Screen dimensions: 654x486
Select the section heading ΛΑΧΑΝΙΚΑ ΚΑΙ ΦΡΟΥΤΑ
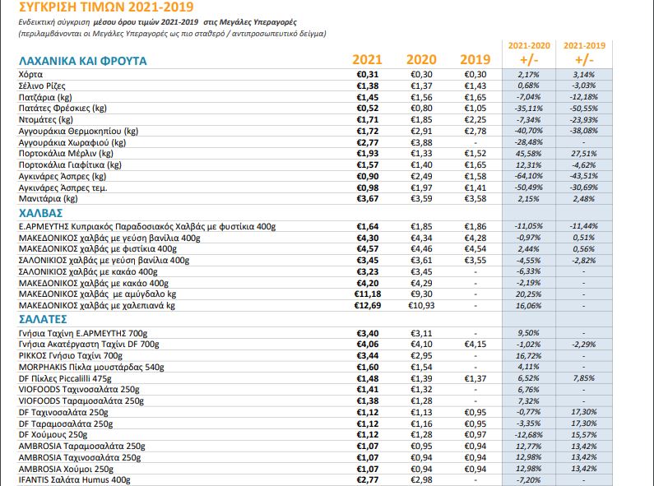click(x=82, y=61)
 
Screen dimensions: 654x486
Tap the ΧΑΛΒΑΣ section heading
click(x=40, y=213)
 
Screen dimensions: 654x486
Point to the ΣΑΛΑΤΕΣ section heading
click(x=43, y=319)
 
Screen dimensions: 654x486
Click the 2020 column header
click(x=421, y=59)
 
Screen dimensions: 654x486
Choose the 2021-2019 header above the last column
click(x=584, y=45)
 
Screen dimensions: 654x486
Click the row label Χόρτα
click(x=30, y=75)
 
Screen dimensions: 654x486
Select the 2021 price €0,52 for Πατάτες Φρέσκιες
click(x=368, y=109)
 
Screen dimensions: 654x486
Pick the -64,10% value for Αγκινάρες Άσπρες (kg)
click(x=528, y=176)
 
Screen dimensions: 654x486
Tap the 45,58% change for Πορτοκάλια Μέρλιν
click(x=528, y=154)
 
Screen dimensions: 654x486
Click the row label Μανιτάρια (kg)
click(x=48, y=199)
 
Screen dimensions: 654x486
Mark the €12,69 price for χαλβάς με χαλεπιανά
click(x=368, y=306)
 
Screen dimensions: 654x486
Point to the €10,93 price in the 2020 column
click(x=421, y=306)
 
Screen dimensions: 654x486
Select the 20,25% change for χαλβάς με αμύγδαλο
click(x=528, y=294)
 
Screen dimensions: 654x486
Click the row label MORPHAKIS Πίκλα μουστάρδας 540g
click(x=91, y=368)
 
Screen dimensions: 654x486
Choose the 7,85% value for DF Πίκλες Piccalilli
click(x=584, y=378)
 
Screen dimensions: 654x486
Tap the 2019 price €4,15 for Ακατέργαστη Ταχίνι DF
click(x=475, y=345)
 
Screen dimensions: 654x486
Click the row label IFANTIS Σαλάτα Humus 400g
click(x=74, y=480)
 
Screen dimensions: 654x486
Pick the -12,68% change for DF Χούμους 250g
click(x=528, y=435)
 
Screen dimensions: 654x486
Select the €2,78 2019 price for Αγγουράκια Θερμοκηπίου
click(x=475, y=131)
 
